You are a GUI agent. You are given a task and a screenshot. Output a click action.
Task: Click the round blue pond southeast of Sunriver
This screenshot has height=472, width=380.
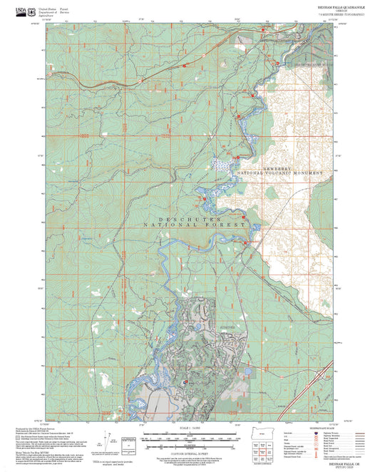245,371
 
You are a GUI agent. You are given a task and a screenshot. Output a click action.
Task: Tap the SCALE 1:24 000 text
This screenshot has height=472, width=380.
190,428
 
